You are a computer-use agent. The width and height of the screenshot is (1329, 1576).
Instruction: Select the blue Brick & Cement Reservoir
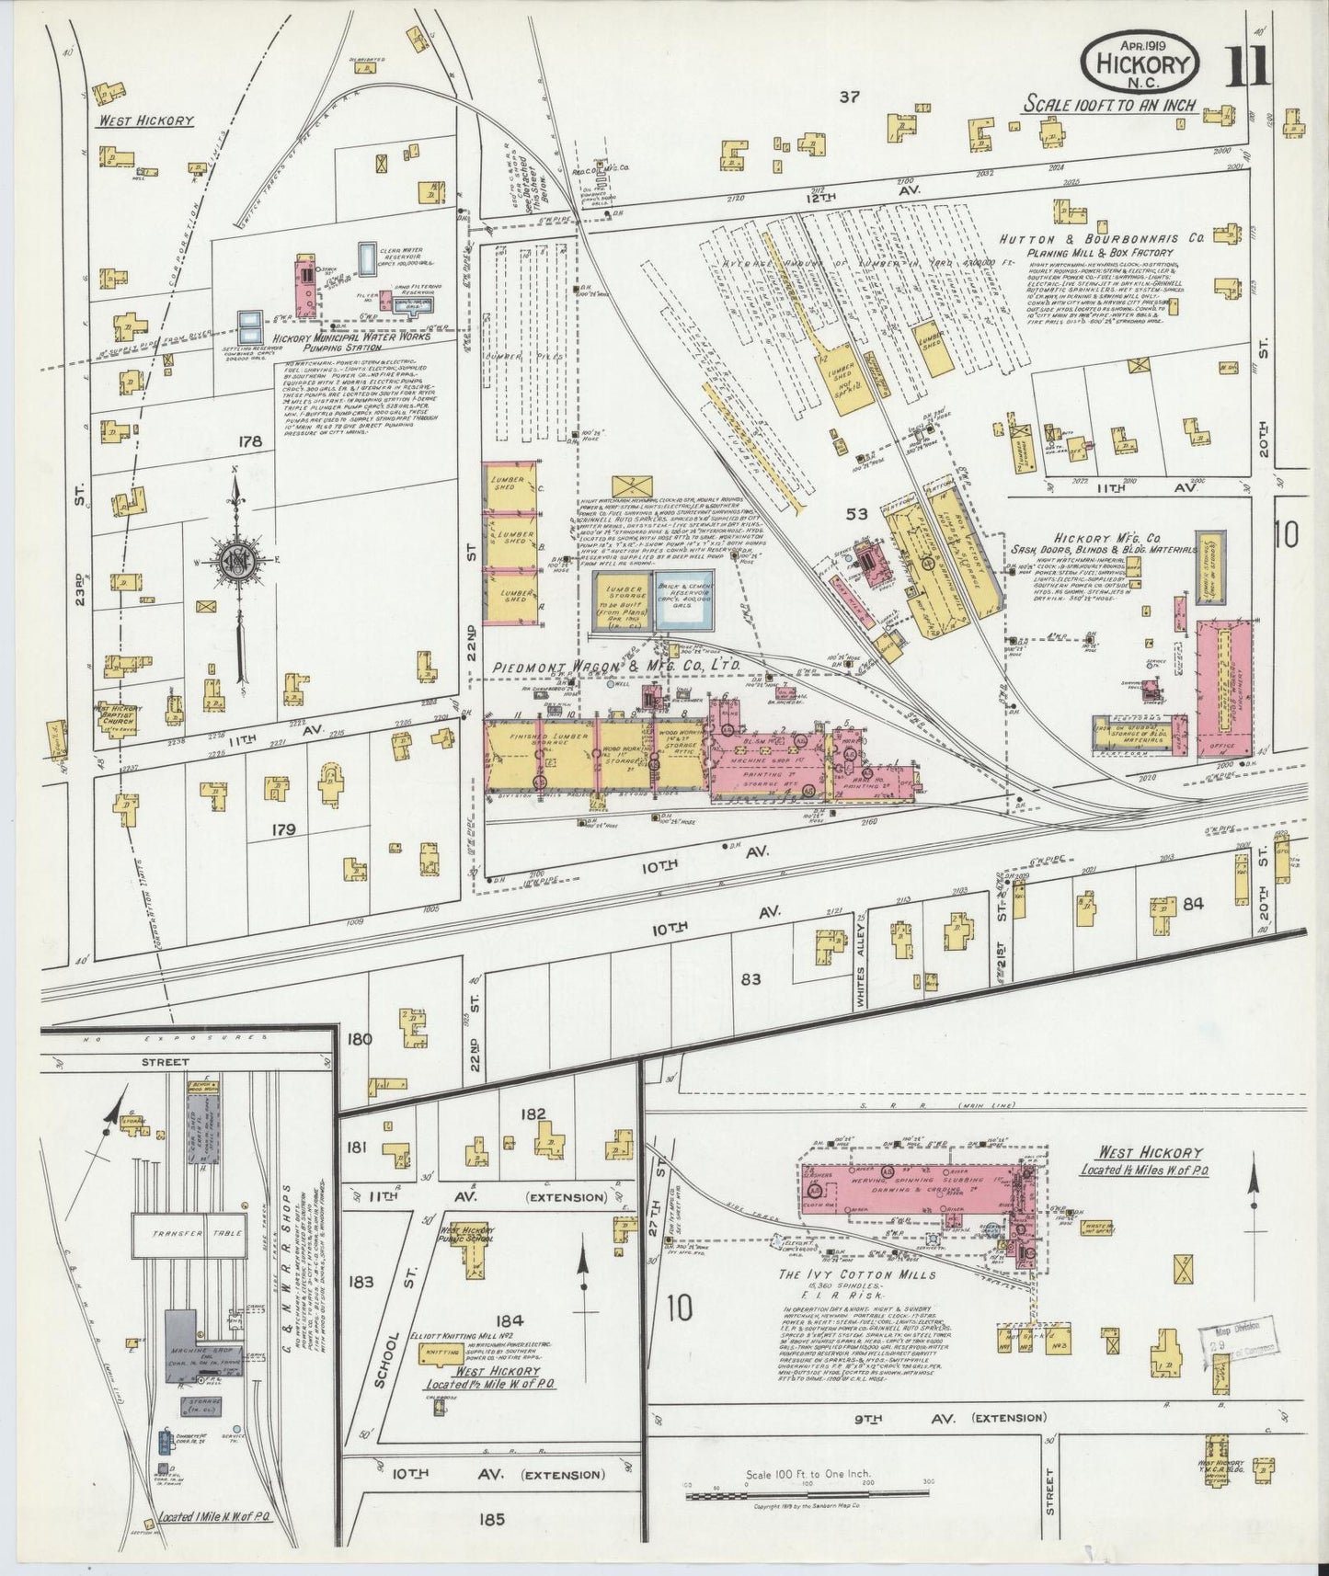point(683,600)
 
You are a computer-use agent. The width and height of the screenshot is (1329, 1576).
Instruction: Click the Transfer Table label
point(188,1233)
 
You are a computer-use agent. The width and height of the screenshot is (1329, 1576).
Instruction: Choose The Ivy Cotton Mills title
point(857,1274)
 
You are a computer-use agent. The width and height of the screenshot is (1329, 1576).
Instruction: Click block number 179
point(283,829)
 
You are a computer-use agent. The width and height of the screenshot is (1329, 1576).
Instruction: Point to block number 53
point(856,514)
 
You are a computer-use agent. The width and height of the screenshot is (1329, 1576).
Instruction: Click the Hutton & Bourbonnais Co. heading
point(1103,237)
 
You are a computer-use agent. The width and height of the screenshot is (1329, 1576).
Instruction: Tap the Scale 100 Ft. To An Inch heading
point(1110,105)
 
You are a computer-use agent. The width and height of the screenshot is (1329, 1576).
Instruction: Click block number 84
point(1193,904)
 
